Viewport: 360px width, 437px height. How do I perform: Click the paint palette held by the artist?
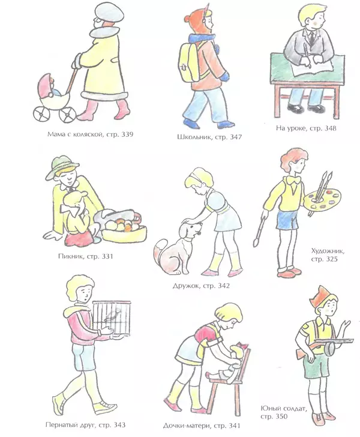click(322, 199)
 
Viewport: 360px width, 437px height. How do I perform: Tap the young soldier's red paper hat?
click(320, 295)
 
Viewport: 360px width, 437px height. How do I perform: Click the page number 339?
click(127, 134)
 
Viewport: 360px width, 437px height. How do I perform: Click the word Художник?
click(328, 251)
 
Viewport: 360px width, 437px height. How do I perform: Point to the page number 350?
click(281, 417)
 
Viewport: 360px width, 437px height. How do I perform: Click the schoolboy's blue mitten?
click(225, 76)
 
